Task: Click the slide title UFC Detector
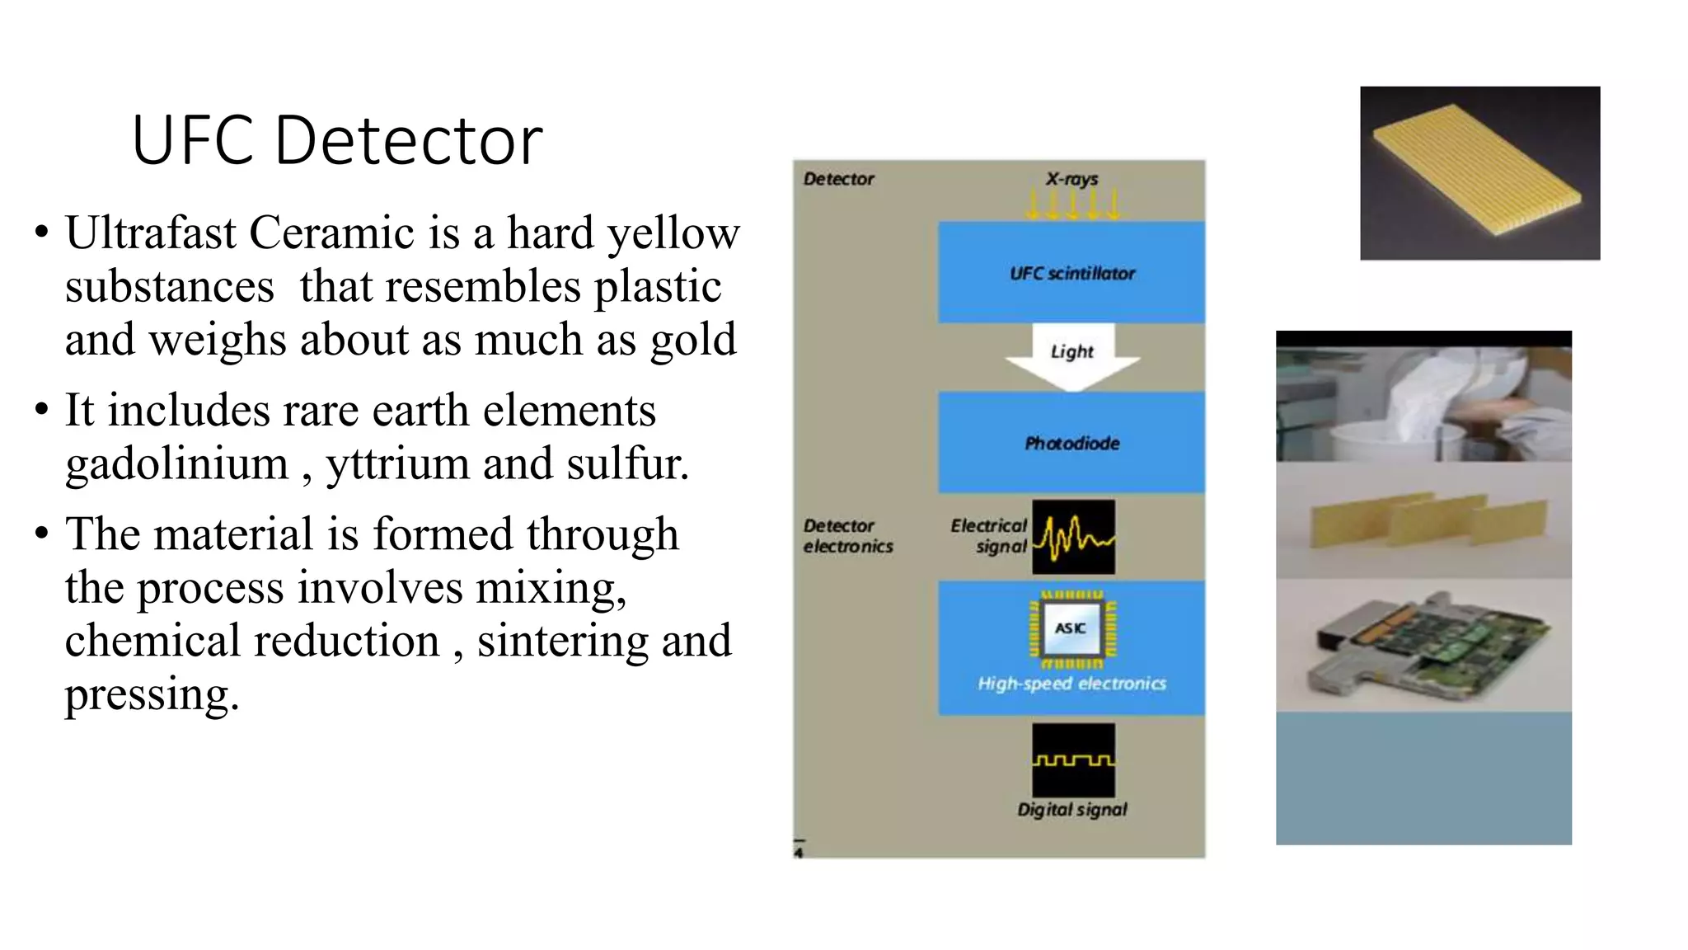336,140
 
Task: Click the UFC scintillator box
1071,272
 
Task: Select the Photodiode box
1071,443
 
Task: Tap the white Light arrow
1071,355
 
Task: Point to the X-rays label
1071,178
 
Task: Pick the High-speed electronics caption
1071,684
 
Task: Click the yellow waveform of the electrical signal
1073,537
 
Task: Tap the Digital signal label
1071,810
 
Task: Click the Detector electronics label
847,536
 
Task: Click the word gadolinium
176,463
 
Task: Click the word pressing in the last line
151,694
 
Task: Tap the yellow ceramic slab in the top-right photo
1475,169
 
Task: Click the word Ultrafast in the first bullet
150,233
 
